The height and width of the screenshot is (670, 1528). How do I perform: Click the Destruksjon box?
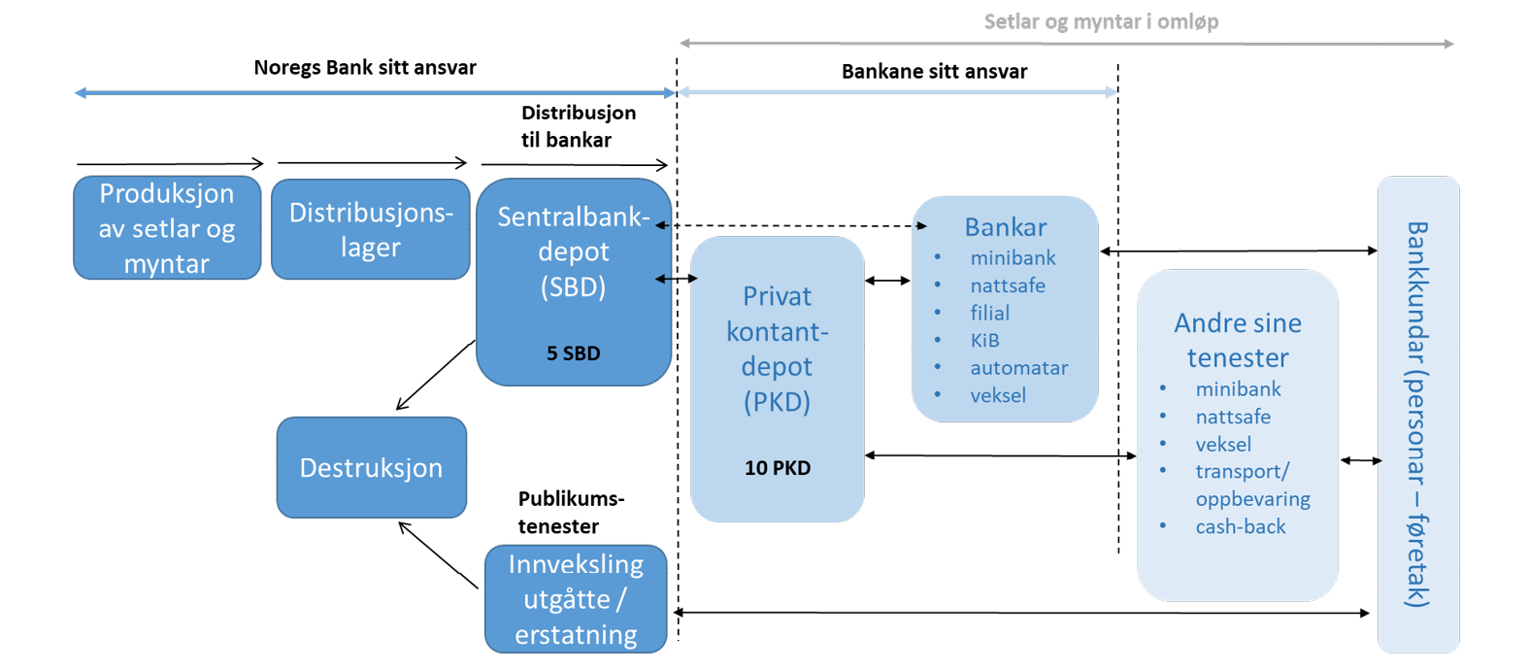pyautogui.click(x=371, y=468)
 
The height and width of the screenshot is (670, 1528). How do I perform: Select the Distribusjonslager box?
pyautogui.click(x=371, y=230)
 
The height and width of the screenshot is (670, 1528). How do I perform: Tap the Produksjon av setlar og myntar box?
pyautogui.click(x=167, y=228)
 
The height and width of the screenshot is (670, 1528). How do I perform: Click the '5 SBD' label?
pyautogui.click(x=573, y=353)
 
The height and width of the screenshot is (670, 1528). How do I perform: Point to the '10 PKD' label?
pyautogui.click(x=777, y=468)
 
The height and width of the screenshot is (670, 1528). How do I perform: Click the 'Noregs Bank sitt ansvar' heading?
pyautogui.click(x=365, y=68)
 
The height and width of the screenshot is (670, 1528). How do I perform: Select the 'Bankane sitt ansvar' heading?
pyautogui.click(x=934, y=72)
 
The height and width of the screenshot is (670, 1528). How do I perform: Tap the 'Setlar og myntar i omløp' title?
pyautogui.click(x=1101, y=21)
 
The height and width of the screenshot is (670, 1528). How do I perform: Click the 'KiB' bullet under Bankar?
pyautogui.click(x=984, y=341)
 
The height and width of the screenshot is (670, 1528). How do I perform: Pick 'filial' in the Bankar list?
pyautogui.click(x=989, y=314)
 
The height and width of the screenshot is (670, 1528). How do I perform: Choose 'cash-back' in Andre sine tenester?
pyautogui.click(x=1240, y=527)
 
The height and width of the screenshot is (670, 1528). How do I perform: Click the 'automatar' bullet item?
pyautogui.click(x=1018, y=368)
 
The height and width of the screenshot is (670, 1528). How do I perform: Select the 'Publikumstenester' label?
pyautogui.click(x=570, y=513)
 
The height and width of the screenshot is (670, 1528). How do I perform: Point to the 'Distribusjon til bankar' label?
pyautogui.click(x=578, y=126)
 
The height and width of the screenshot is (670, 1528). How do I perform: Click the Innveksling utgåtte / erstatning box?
pyautogui.click(x=576, y=599)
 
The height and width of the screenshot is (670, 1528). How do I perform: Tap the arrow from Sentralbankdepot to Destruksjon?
pyautogui.click(x=436, y=375)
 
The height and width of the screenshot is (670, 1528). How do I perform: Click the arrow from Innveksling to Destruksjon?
pyautogui.click(x=438, y=555)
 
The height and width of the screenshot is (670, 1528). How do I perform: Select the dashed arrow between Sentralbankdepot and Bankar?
pyautogui.click(x=791, y=225)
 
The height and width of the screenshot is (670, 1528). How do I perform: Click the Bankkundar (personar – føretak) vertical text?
pyautogui.click(x=1417, y=415)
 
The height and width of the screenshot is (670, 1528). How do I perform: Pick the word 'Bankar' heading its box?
pyautogui.click(x=1005, y=227)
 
